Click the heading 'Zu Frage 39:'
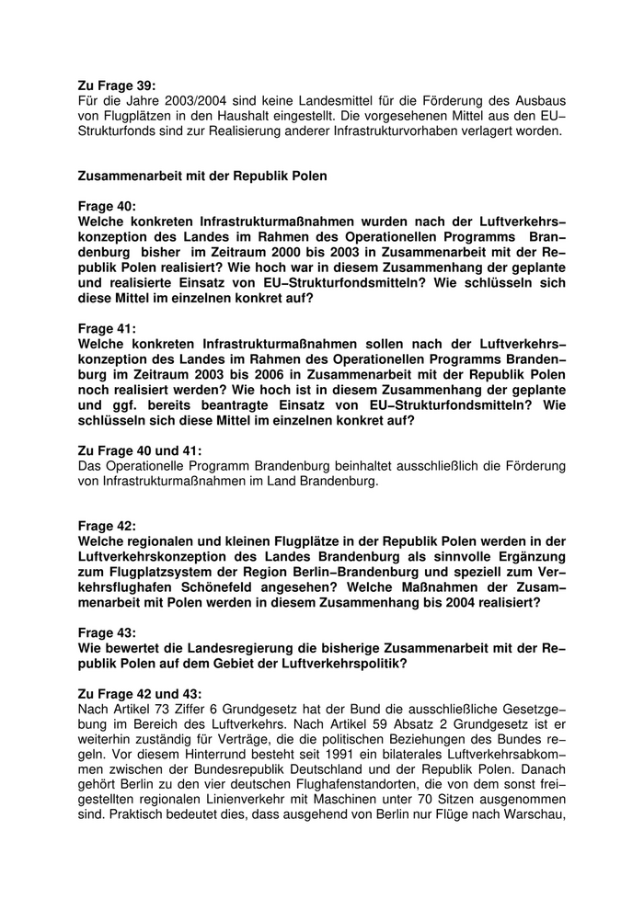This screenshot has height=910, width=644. (117, 85)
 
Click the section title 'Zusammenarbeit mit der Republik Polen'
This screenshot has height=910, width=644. (203, 175)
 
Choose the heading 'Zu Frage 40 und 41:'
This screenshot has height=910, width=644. (140, 450)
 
